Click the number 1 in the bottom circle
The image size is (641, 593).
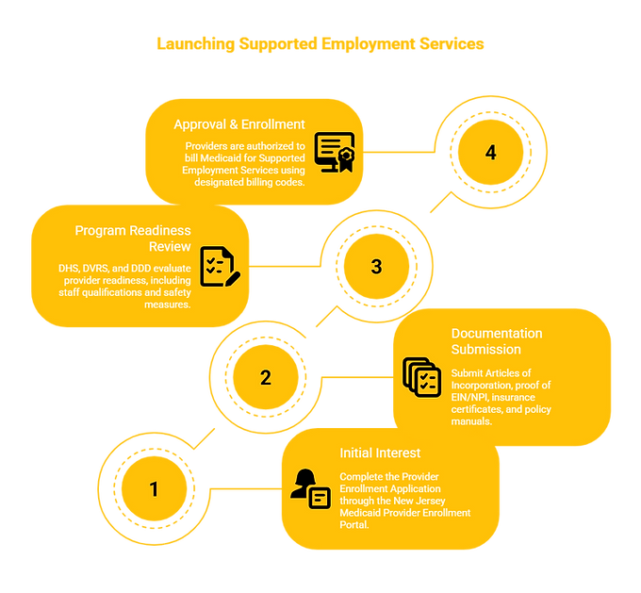click(155, 489)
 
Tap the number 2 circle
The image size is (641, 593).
click(266, 378)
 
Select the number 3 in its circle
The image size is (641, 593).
click(377, 267)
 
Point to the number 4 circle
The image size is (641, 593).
click(490, 153)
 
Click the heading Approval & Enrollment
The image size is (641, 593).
click(239, 124)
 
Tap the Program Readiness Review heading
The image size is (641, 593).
click(132, 239)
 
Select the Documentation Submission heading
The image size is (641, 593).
click(497, 341)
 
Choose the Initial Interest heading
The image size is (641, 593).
click(380, 453)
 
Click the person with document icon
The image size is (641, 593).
click(310, 488)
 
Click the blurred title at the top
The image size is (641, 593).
click(320, 45)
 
